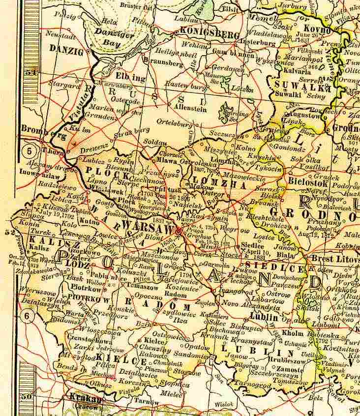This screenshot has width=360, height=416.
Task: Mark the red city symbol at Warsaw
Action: point(179,230)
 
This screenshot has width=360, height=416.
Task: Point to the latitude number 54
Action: point(32,72)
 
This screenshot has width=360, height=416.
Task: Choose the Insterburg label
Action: point(257,43)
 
